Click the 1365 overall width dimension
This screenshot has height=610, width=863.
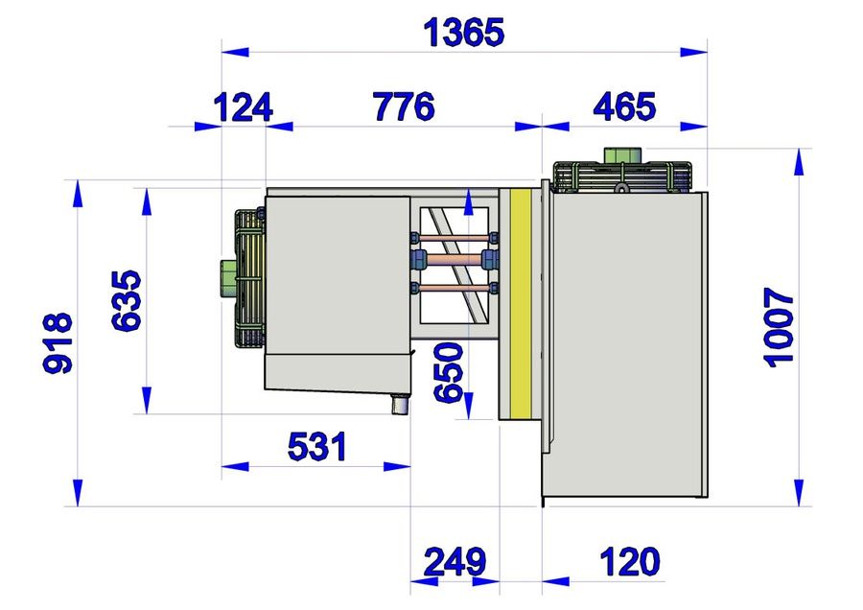pos(463,33)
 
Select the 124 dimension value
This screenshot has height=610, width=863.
pos(243,107)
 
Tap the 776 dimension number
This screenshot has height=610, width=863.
pos(404,106)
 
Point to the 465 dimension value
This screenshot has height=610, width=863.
pos(624,106)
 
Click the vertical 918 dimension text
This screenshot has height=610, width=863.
pos(58,343)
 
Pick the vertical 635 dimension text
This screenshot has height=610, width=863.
pos(126,300)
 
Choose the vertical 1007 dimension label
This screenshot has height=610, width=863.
pos(779,327)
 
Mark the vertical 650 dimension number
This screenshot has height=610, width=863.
pos(449,373)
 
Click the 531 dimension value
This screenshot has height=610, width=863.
pos(317,447)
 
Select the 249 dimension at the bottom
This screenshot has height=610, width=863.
pos(455,561)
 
